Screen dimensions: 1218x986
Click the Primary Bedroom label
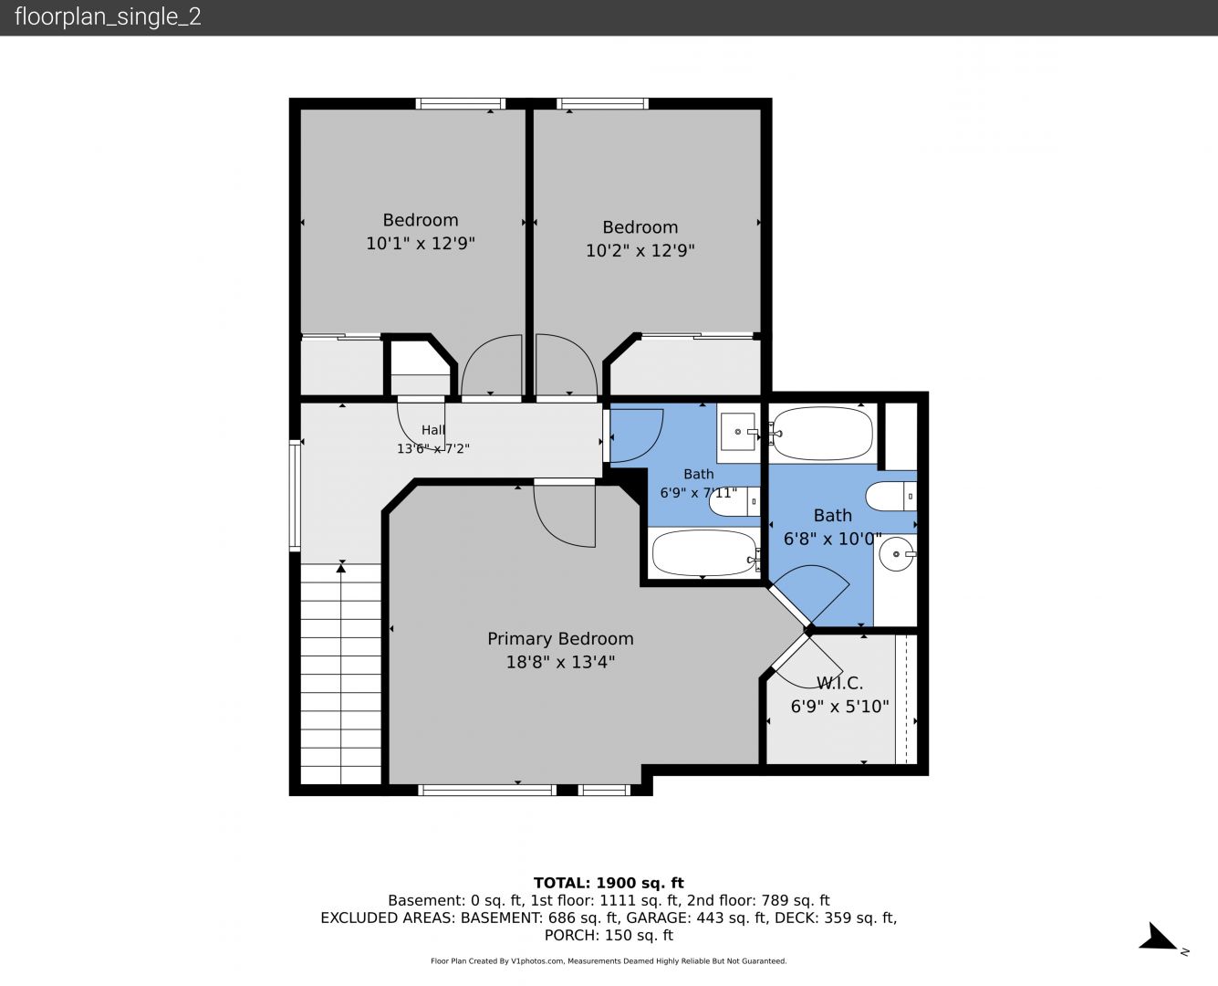point(560,639)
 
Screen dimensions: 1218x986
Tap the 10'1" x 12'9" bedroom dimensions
point(421,243)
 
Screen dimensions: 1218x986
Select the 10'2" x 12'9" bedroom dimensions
point(640,251)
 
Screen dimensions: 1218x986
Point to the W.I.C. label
point(839,683)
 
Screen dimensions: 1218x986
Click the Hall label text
point(432,430)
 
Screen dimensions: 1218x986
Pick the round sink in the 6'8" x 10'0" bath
point(897,554)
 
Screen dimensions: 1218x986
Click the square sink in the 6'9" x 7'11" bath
point(739,432)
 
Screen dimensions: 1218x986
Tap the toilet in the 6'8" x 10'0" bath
point(890,496)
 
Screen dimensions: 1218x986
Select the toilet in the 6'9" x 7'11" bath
point(734,502)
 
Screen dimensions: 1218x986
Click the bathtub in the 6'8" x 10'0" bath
point(822,433)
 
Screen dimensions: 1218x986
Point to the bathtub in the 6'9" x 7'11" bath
point(705,553)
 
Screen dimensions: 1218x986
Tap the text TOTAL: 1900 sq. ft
point(609,883)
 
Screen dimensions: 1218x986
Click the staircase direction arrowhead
point(341,568)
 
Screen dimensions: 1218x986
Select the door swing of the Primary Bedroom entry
point(565,515)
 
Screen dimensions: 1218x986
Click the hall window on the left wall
point(295,496)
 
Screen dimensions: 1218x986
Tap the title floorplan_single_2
point(108,16)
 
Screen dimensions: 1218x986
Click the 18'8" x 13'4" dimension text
point(560,662)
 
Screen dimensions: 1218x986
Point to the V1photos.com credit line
point(609,960)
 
